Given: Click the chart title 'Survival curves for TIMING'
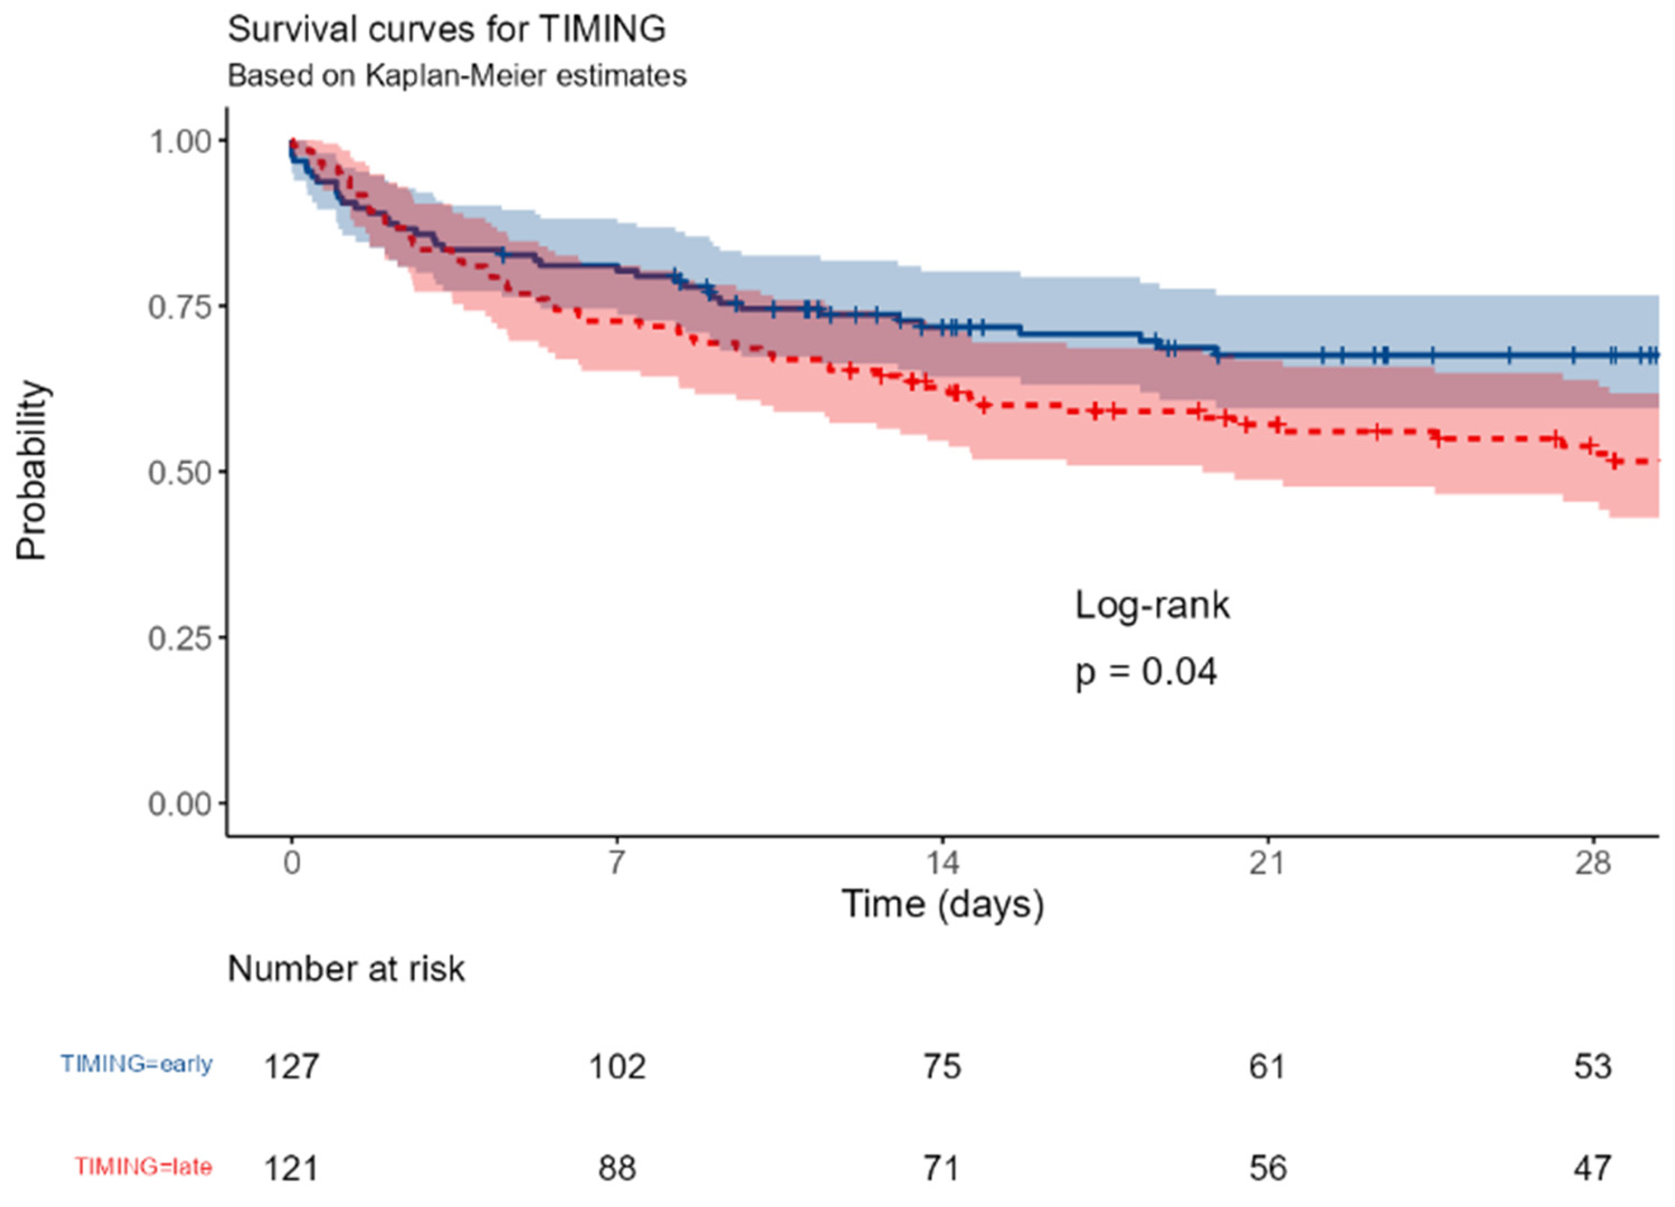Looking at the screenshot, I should click(x=446, y=30).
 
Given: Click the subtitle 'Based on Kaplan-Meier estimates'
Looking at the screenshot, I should click(x=457, y=75).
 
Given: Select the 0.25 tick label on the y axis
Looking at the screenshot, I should click(x=180, y=637).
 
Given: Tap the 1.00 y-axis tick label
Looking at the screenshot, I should click(x=180, y=140).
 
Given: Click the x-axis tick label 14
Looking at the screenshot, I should click(x=942, y=862).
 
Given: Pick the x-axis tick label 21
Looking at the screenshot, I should click(x=1267, y=862).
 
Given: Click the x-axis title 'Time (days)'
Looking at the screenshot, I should click(x=942, y=904).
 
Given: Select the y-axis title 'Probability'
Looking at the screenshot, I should click(x=33, y=471).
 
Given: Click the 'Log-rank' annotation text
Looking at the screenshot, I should click(x=1152, y=606).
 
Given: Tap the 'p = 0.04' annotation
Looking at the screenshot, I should click(x=1145, y=672).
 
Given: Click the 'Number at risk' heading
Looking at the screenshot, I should click(x=346, y=969).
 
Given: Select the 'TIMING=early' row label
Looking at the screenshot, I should click(x=137, y=1064).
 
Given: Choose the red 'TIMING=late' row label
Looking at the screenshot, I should click(x=143, y=1167).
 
